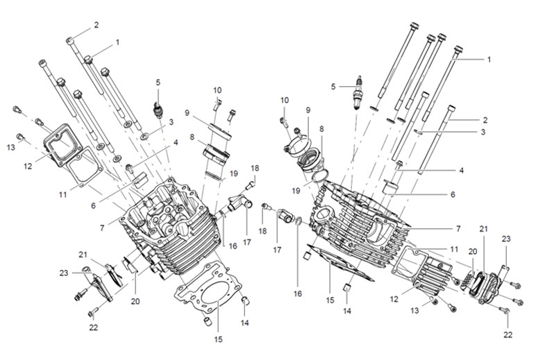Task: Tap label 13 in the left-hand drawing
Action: coord(11,147)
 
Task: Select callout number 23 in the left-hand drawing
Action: coord(64,273)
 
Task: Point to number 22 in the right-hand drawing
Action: coord(508,334)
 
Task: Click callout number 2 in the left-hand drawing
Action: coord(96,25)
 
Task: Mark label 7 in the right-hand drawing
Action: coord(458,228)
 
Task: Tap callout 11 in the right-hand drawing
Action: coord(453,248)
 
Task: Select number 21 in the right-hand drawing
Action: coord(484,229)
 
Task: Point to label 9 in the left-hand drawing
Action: coord(187,112)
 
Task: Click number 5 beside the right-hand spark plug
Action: coord(333,87)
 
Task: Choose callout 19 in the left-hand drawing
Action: coord(234,173)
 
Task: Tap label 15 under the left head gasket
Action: coord(218,339)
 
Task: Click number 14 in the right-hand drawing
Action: coord(347,310)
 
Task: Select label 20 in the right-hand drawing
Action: coord(472,252)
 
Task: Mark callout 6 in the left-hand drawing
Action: coord(93,206)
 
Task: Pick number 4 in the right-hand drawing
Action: coord(461,170)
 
